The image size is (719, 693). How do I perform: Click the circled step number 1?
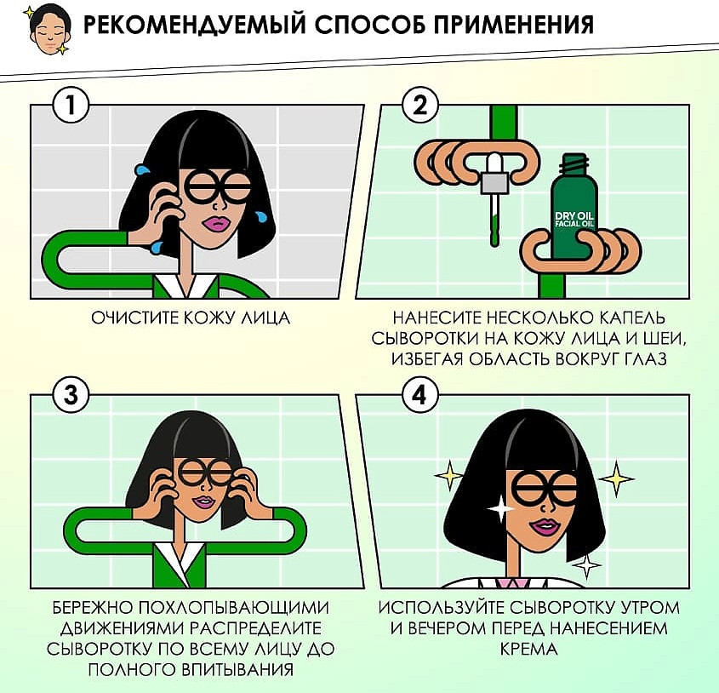(70, 106)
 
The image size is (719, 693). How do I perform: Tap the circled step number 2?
(419, 106)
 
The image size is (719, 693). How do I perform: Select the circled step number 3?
(70, 395)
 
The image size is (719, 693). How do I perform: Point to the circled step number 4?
(419, 395)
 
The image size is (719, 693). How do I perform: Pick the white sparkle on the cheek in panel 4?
(499, 508)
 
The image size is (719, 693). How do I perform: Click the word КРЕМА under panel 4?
(528, 649)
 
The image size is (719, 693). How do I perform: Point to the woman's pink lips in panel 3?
(203, 501)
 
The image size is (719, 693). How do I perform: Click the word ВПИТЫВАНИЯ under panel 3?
(237, 668)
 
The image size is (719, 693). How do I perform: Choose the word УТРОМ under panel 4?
(649, 608)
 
